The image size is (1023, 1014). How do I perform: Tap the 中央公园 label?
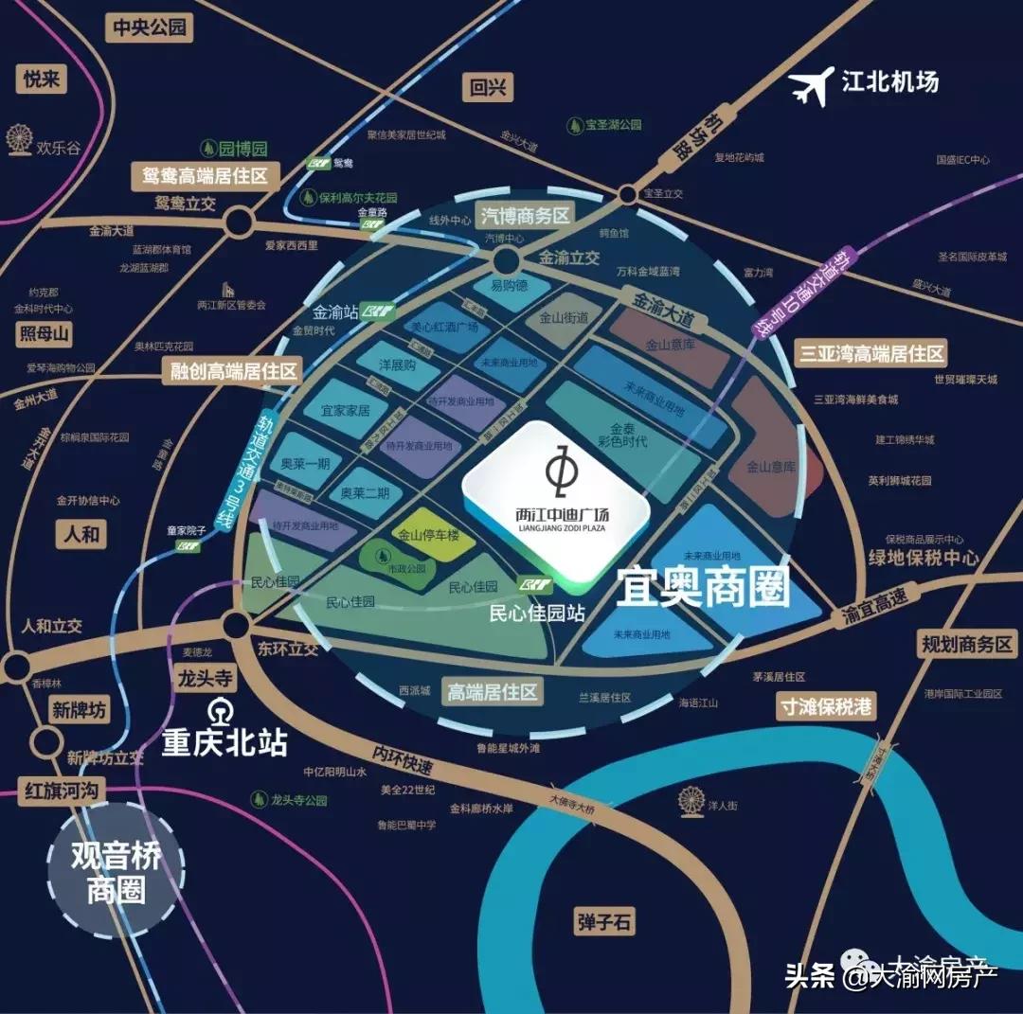(150, 27)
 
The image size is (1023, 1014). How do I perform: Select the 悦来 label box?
(43, 79)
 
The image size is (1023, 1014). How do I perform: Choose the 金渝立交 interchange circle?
(505, 260)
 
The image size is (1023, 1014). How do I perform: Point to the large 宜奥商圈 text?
(703, 588)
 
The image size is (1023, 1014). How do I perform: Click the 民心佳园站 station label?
(537, 613)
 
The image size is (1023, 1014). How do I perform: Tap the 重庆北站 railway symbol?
(220, 709)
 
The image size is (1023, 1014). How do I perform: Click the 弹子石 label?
(603, 921)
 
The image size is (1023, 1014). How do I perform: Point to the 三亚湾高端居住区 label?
(871, 354)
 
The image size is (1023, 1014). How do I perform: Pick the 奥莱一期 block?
(305, 464)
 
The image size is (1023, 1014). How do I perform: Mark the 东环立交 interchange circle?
(236, 624)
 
